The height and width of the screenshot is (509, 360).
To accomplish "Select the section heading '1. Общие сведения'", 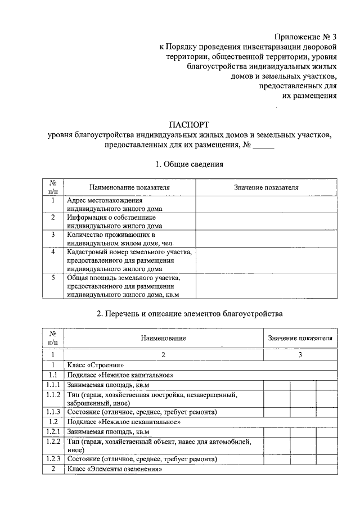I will [x=189, y=165].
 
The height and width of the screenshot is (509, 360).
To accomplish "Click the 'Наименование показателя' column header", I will [x=129, y=188].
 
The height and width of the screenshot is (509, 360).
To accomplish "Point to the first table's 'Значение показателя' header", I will [x=266, y=188].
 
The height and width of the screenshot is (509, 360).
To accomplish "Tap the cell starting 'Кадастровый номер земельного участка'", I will [x=129, y=260].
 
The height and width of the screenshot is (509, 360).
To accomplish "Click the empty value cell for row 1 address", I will [x=266, y=204].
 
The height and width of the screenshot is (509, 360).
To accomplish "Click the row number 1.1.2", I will [x=52, y=395].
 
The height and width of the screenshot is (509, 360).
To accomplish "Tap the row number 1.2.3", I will [x=52, y=460].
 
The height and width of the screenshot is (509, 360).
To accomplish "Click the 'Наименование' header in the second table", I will [x=164, y=339].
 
